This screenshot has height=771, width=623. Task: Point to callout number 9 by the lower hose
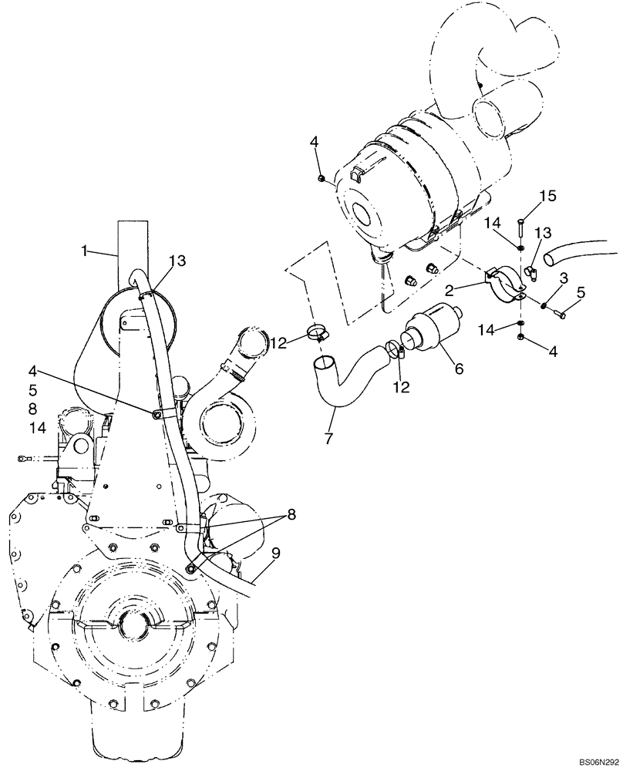point(275,552)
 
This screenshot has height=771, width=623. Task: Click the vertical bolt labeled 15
point(522,229)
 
